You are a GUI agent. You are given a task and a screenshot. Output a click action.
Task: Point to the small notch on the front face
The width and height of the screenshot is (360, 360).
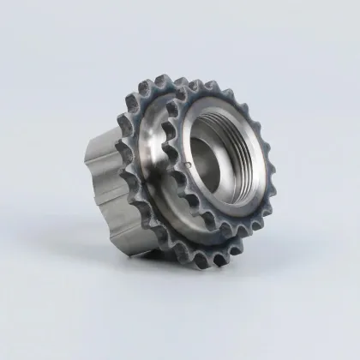(186, 159)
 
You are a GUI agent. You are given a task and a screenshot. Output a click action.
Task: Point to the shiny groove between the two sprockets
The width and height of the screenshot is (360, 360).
(159, 146)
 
